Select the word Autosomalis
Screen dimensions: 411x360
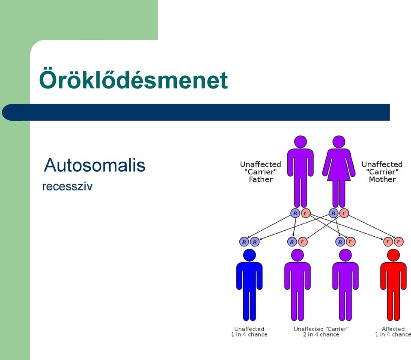click(x=95, y=165)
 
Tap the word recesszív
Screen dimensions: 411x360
click(x=67, y=187)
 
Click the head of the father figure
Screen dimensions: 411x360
click(x=301, y=142)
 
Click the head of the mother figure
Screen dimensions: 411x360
click(x=339, y=142)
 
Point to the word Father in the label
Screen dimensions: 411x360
click(x=261, y=179)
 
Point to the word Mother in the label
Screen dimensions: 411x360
click(x=382, y=179)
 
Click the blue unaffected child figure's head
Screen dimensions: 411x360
click(x=249, y=255)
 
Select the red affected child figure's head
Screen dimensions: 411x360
click(x=393, y=255)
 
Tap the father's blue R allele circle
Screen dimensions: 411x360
click(x=295, y=213)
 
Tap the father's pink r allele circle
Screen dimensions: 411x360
click(x=305, y=213)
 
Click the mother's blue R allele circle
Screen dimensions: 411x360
click(x=334, y=213)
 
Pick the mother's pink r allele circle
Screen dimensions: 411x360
click(x=344, y=213)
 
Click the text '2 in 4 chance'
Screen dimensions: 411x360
click(x=321, y=335)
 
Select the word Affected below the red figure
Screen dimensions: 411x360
click(x=393, y=329)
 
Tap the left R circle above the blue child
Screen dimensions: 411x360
click(x=244, y=241)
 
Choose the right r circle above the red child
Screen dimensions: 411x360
click(x=399, y=241)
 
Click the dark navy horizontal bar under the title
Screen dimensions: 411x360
click(x=196, y=112)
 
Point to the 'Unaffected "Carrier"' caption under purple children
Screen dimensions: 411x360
click(x=321, y=329)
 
